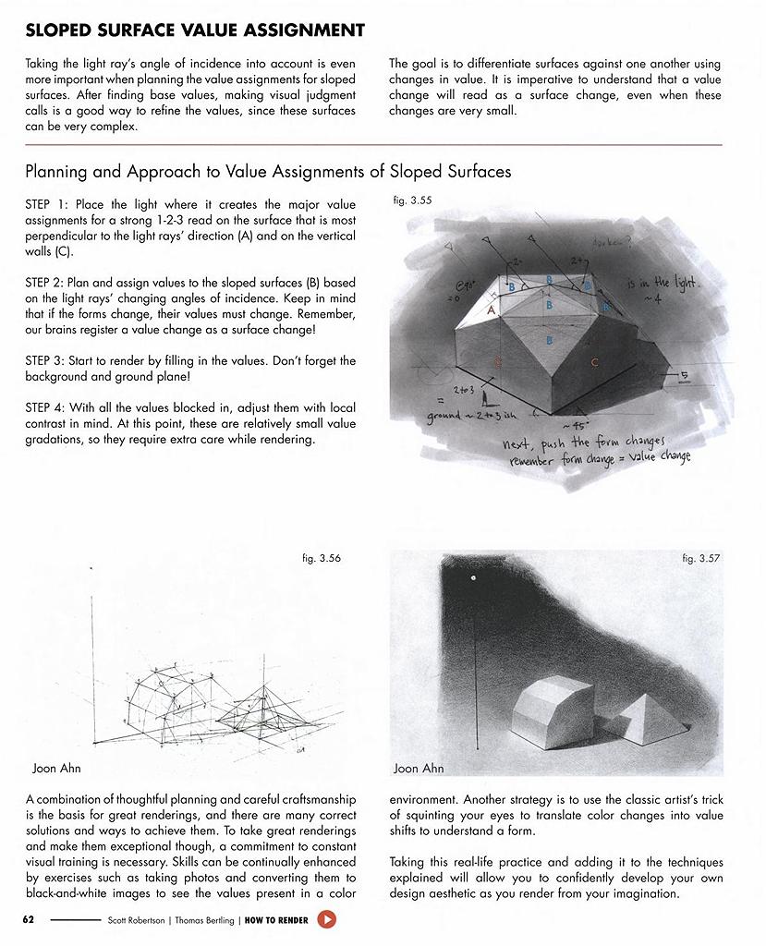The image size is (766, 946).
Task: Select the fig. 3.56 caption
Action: [321, 558]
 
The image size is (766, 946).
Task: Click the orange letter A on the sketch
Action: [492, 311]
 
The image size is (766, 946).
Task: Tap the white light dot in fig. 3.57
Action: [473, 579]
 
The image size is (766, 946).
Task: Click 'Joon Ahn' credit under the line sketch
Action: [56, 769]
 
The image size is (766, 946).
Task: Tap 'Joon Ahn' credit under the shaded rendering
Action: [419, 769]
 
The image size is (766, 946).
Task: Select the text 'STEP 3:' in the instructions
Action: [47, 361]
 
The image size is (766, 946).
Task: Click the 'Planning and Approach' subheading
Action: [268, 172]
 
